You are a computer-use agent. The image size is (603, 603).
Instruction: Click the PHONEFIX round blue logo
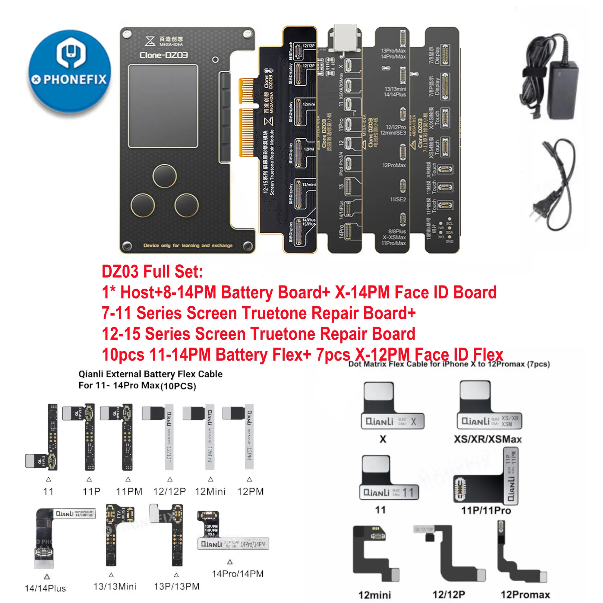coord(69,71)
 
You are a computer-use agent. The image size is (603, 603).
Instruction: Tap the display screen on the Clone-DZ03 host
coord(163,106)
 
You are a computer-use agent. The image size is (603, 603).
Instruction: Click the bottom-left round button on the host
coord(143,205)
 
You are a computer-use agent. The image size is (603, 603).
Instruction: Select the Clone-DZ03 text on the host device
coord(163,55)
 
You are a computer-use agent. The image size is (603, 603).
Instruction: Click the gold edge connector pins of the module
coord(246,117)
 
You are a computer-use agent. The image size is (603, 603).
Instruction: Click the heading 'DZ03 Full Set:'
coord(152,272)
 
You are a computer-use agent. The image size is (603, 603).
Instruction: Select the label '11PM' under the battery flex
coord(129,491)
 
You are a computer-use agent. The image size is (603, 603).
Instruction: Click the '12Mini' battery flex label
coord(210,491)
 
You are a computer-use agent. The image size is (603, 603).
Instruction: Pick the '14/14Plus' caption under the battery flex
coord(45,589)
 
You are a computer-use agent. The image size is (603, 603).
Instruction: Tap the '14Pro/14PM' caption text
coord(238,574)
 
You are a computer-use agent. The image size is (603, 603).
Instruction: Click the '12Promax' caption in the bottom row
coord(525,595)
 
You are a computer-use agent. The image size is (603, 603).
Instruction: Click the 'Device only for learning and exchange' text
coord(188,245)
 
